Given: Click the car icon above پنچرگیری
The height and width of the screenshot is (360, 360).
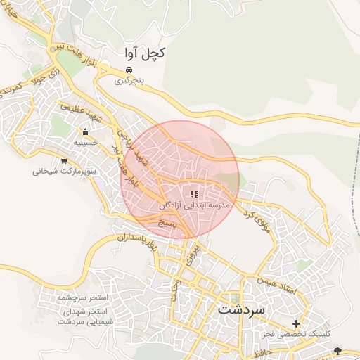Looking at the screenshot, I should pyautogui.click(x=129, y=70).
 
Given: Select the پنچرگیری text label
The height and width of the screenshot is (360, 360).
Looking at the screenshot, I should pyautogui.click(x=129, y=81).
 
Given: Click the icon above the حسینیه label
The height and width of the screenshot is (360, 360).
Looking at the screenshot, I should pyautogui.click(x=85, y=131).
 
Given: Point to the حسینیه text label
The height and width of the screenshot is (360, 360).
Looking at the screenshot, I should pyautogui.click(x=85, y=142).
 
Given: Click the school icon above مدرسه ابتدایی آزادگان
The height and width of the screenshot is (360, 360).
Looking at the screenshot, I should pyautogui.click(x=194, y=194).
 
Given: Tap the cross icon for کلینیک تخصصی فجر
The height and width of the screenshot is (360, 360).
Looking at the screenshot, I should pyautogui.click(x=296, y=324).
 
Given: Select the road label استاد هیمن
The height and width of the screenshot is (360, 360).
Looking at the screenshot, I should pyautogui.click(x=282, y=285).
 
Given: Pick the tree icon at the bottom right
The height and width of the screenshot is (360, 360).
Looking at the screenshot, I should pyautogui.click(x=340, y=350).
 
